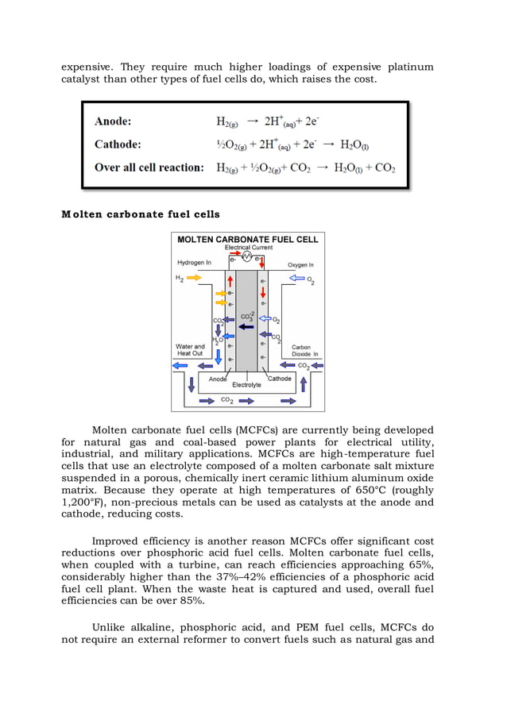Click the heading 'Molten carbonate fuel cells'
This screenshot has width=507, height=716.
(141, 214)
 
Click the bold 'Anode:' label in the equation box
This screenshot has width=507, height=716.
(113, 121)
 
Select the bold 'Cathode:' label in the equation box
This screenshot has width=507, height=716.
(118, 144)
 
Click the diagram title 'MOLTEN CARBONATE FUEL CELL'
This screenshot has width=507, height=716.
(247, 239)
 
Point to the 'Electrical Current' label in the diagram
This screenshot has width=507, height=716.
(248, 248)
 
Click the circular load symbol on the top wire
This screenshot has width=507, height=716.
(246, 257)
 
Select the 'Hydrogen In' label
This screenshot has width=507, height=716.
(193, 263)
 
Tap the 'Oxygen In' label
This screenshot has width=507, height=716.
(300, 264)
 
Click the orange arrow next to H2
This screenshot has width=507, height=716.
(194, 278)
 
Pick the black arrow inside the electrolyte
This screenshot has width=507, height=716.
(246, 325)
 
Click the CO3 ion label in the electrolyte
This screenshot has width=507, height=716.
(246, 316)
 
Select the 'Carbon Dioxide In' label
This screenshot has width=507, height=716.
(304, 350)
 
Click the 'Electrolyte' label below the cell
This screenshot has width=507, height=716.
(246, 385)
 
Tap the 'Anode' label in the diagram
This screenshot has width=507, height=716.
(218, 379)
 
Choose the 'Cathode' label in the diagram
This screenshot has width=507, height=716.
(279, 379)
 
